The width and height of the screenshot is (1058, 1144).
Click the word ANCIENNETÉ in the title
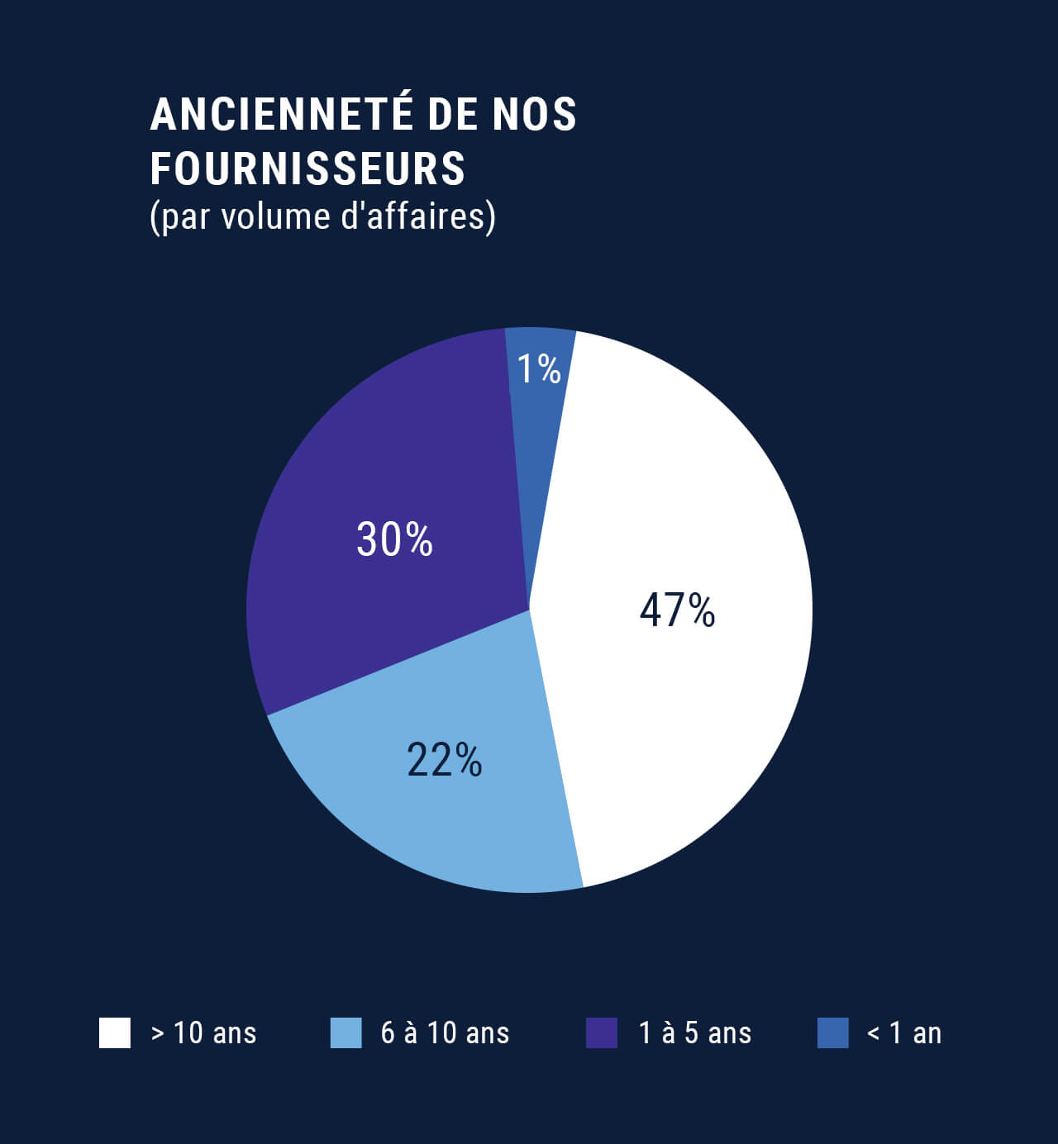[x=281, y=114]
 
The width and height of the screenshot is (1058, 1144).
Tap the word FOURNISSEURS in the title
[x=307, y=169]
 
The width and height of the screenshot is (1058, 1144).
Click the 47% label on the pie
[x=677, y=610]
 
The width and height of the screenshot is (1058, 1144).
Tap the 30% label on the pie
[x=394, y=539]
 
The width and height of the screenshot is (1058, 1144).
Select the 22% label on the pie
[x=444, y=760]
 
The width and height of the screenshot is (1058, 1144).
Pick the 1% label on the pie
[x=539, y=368]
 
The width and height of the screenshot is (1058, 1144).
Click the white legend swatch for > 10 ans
[x=115, y=1032]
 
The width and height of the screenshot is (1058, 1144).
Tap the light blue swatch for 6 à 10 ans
[x=346, y=1032]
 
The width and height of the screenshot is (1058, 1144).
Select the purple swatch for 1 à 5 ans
[x=602, y=1032]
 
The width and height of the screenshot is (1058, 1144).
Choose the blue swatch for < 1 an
[x=832, y=1032]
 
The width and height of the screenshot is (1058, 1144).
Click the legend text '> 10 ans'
[x=203, y=1033]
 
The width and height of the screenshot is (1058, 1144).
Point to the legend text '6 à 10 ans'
[x=445, y=1033]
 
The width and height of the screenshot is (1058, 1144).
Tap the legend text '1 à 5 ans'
[x=695, y=1033]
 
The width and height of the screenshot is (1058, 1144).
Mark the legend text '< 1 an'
[x=904, y=1033]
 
